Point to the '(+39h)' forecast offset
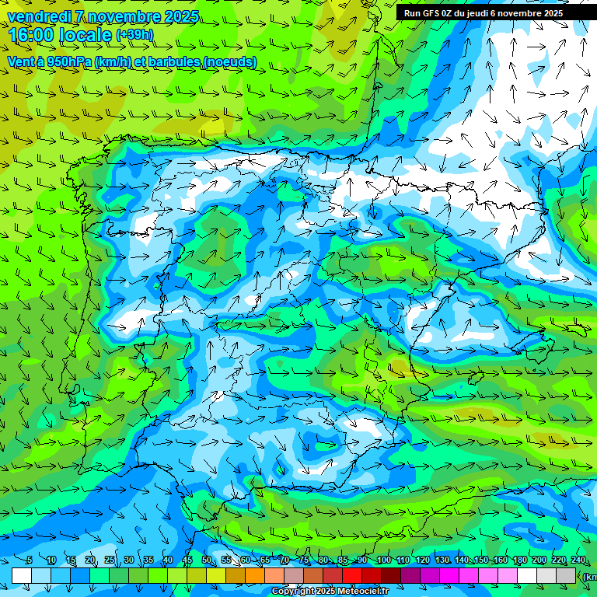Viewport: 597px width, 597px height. click(x=134, y=35)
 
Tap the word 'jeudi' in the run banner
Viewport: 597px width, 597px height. click(x=478, y=13)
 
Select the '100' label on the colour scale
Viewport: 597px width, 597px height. click(x=383, y=560)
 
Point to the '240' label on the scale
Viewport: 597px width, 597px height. click(x=578, y=560)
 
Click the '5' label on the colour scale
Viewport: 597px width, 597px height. click(x=29, y=560)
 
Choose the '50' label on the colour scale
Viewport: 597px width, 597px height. click(x=207, y=560)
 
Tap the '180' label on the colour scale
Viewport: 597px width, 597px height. click(x=519, y=560)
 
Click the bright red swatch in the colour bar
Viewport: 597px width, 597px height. click(x=352, y=575)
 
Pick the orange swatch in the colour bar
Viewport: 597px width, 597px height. click(x=255, y=575)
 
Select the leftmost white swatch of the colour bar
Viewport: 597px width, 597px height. click(x=22, y=575)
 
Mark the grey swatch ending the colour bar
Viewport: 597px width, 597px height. click(x=566, y=575)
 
